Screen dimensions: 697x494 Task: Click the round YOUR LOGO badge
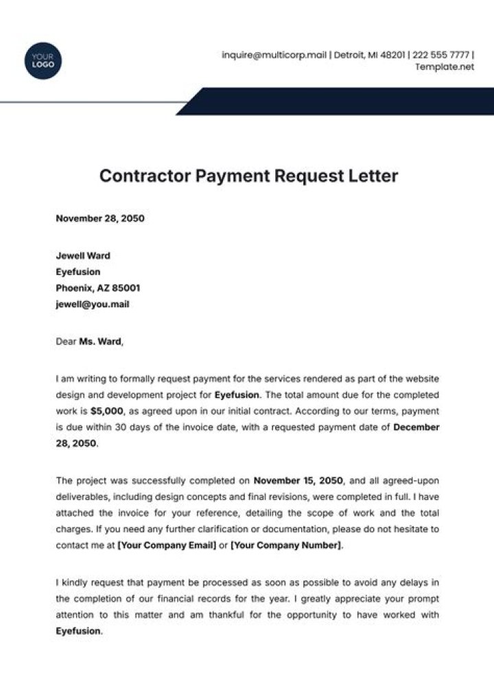click(43, 60)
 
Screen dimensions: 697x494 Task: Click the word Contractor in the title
click(145, 176)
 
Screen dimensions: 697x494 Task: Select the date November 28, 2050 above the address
click(100, 220)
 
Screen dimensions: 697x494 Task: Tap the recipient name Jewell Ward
click(82, 256)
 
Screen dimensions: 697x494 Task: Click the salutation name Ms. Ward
click(99, 341)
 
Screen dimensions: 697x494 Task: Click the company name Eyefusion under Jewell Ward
click(78, 272)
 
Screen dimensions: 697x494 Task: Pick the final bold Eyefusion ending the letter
click(78, 631)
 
